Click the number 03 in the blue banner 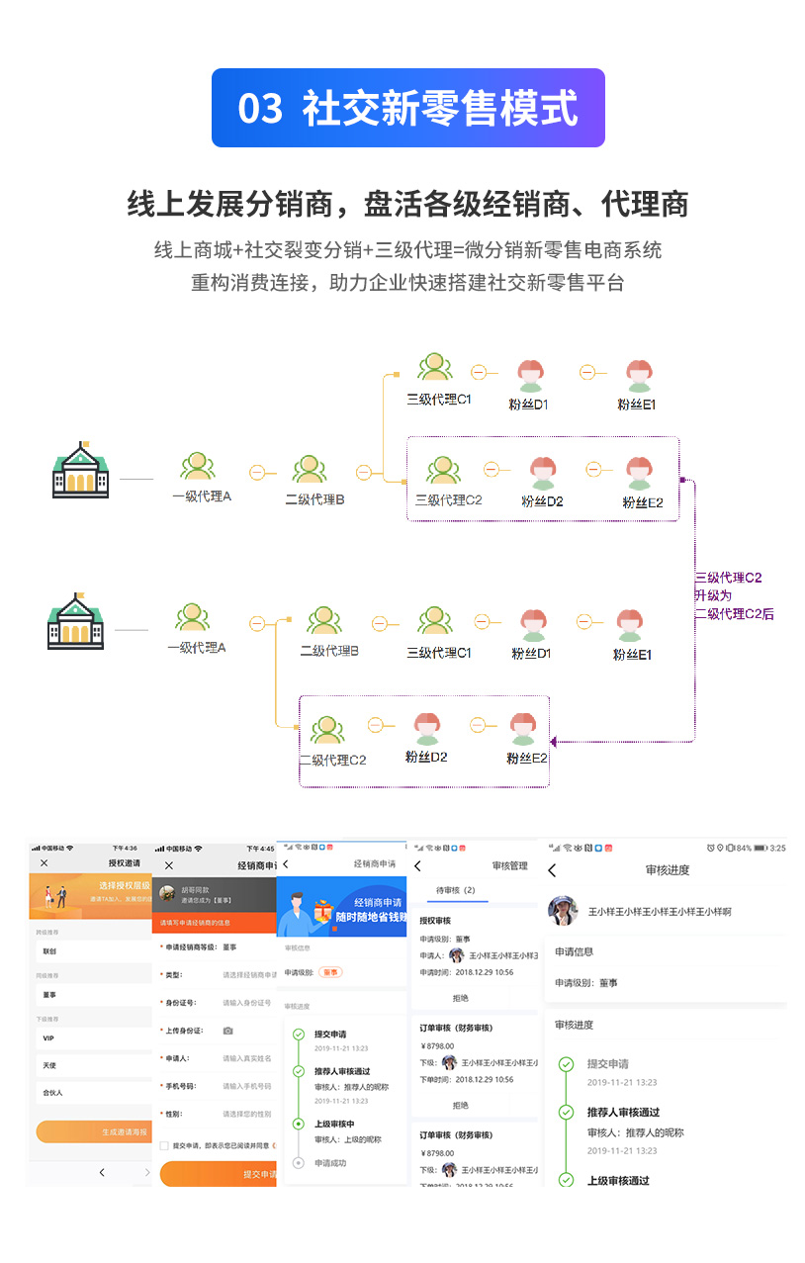[260, 109]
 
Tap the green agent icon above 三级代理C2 [442, 470]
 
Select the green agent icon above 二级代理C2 [327, 730]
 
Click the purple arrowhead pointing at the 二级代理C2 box [555, 741]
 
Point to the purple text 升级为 [713, 595]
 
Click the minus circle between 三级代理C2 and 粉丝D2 [491, 469]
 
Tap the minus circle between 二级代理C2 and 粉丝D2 [375, 725]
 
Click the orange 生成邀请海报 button [94, 1131]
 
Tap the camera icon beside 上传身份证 [227, 1031]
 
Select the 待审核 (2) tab [456, 890]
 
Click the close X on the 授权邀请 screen [45, 863]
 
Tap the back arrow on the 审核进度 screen [552, 870]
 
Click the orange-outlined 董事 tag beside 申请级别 [330, 972]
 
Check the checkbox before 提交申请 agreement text [164, 1145]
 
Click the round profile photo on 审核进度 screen [563, 911]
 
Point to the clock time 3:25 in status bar [777, 848]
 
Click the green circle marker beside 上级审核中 [298, 1124]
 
